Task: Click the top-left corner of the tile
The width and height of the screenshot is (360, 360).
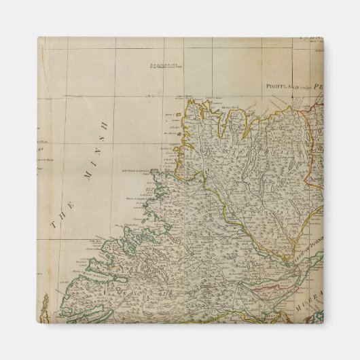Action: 38,38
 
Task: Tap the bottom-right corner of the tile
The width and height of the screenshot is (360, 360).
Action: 322,322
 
